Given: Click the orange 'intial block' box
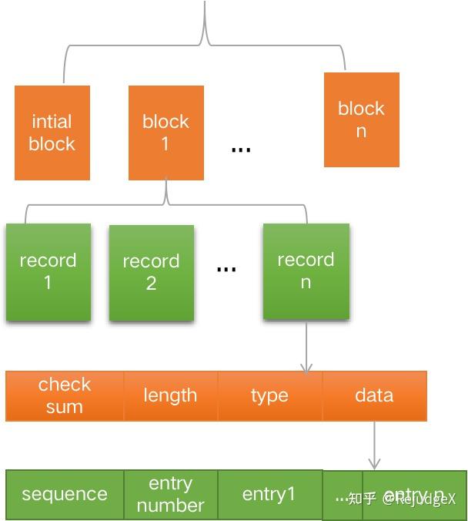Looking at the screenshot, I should point(52,133).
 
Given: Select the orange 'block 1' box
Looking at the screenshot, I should point(165,133).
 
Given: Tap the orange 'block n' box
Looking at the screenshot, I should point(361,119).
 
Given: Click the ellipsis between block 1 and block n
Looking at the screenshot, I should point(241,149).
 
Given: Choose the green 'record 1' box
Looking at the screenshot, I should point(48,271).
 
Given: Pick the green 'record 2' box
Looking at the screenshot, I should point(151,272).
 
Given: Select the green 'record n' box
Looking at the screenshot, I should point(306,271).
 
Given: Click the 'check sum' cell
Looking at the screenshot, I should point(65,395).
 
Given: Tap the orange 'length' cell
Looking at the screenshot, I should point(170,395).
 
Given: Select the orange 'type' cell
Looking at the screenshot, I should point(269,395).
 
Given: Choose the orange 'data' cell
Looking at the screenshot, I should point(374,395).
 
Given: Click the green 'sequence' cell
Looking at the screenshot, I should point(65,494).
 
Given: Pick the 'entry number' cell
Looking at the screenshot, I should point(170,494).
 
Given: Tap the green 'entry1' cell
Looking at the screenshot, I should point(269,494).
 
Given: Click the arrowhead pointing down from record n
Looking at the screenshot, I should point(306,368).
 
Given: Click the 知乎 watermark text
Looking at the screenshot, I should point(362,499).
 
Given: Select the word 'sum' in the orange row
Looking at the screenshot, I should point(64,406).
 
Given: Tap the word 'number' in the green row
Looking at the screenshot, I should point(170,505).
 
